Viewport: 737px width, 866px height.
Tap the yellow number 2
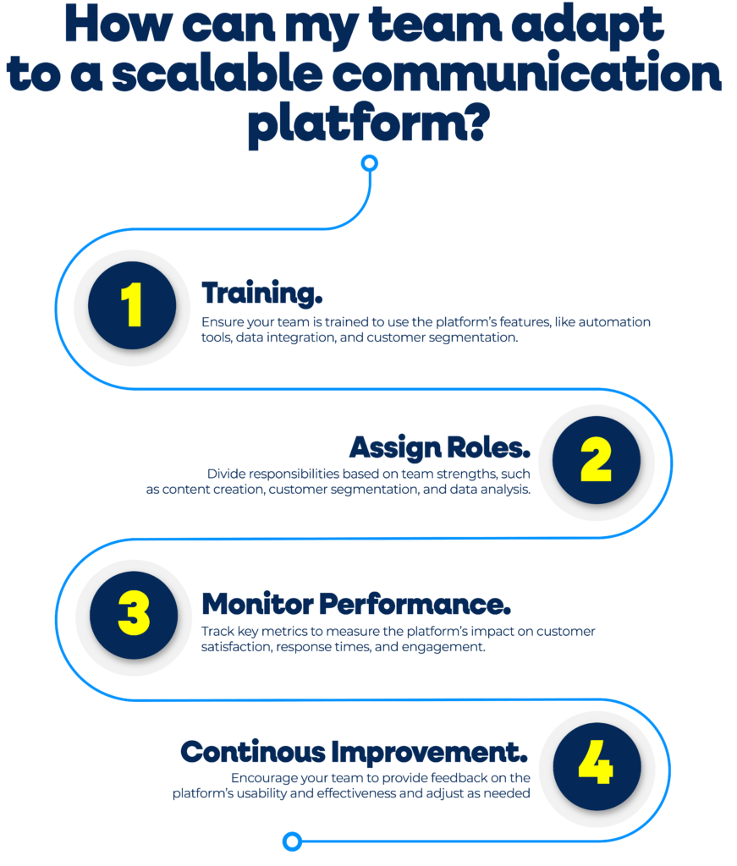pyautogui.click(x=597, y=459)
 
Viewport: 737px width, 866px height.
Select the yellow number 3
pyautogui.click(x=135, y=613)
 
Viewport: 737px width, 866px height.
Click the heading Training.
pyautogui.click(x=261, y=293)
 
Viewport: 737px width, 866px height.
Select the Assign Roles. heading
pyautogui.click(x=440, y=447)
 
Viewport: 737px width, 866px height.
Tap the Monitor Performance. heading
pyautogui.click(x=356, y=604)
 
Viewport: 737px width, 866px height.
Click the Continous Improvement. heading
pyautogui.click(x=355, y=752)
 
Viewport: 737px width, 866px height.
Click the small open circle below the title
pyautogui.click(x=370, y=163)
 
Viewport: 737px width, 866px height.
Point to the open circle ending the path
pyautogui.click(x=292, y=841)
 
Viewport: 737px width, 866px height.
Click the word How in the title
pyautogui.click(x=118, y=25)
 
